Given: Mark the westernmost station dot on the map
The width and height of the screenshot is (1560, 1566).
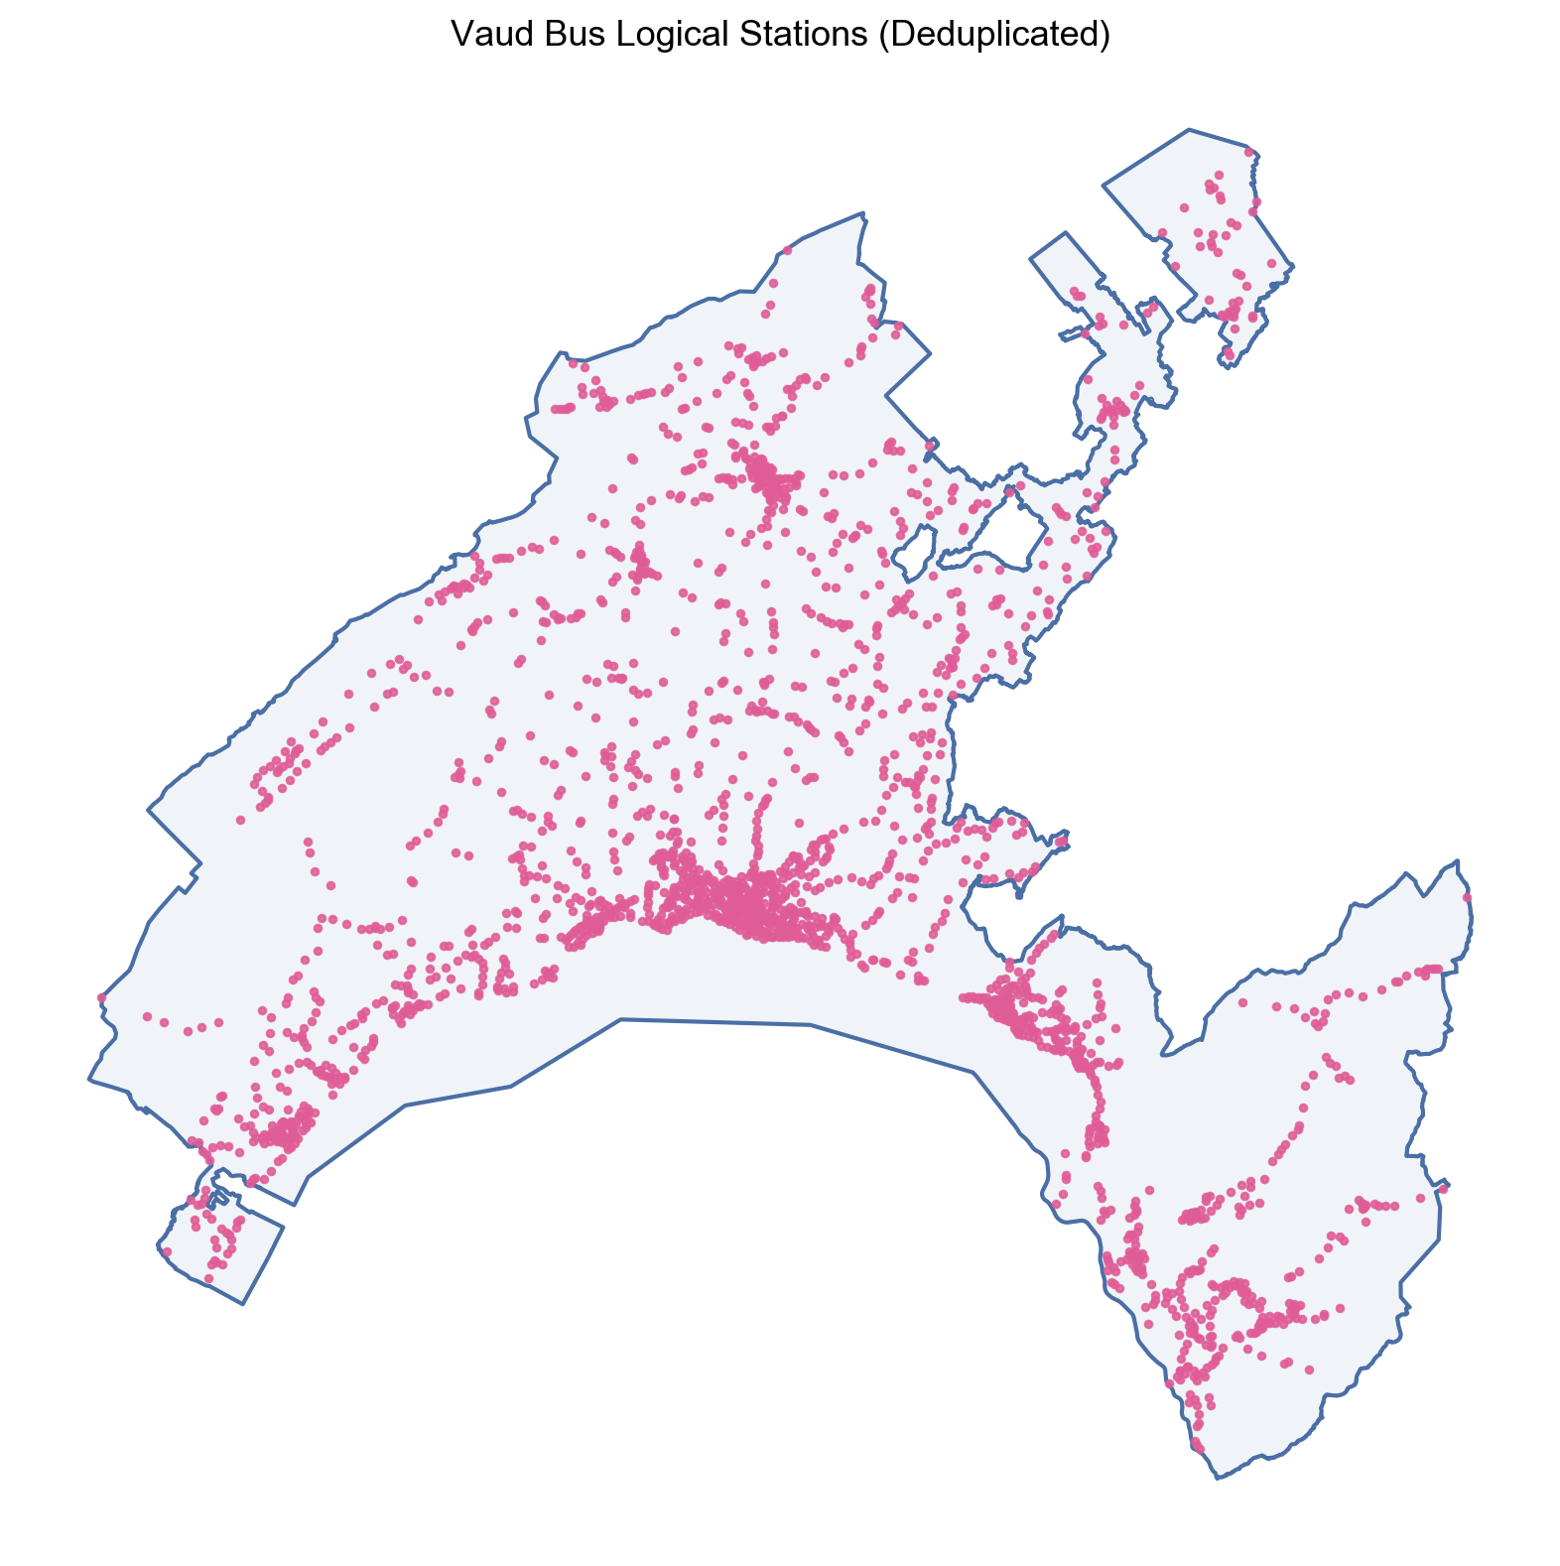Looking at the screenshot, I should (x=100, y=996).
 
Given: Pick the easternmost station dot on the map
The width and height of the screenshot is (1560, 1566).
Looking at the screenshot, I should (x=1468, y=898).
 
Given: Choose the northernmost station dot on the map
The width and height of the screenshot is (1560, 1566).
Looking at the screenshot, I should (x=1247, y=152).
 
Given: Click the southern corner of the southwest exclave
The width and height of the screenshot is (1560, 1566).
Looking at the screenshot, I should (x=243, y=1303).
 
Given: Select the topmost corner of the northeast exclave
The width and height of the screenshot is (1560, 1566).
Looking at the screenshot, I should (x=1189, y=129).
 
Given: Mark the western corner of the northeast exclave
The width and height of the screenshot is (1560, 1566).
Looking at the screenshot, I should (x=1105, y=184).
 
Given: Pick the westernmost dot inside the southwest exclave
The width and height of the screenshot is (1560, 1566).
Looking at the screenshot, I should (x=167, y=1251).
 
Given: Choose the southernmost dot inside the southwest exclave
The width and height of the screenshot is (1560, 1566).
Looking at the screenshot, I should (x=208, y=1278).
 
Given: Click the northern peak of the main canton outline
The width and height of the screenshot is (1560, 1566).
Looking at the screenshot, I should (x=863, y=212).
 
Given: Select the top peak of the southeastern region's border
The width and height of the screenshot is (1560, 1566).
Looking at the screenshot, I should (x=1458, y=860).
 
